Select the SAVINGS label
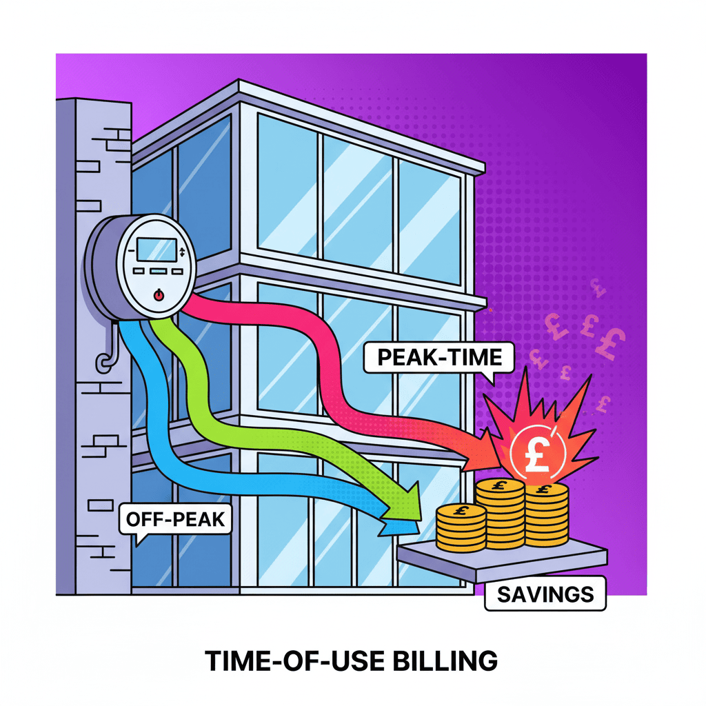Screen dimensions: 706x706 point(545,594)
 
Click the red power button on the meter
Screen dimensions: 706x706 point(159,294)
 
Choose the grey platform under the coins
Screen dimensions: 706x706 point(503,556)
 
